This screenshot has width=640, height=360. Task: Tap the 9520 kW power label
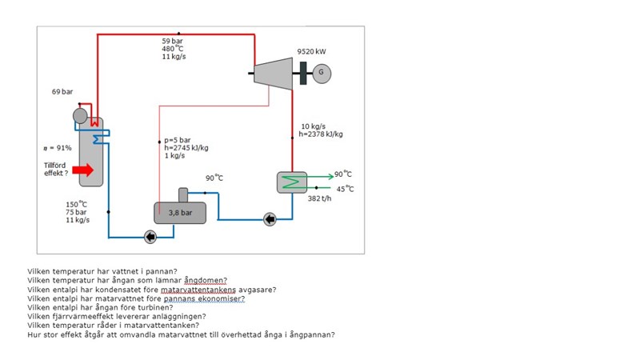(x=311, y=51)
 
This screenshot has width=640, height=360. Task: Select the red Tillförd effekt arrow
(x=82, y=170)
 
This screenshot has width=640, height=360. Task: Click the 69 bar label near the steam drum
(x=62, y=92)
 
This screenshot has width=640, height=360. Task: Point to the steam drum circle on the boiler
(x=80, y=115)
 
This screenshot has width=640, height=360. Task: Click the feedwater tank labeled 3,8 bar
(x=180, y=212)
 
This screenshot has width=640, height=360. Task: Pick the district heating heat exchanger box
(x=292, y=182)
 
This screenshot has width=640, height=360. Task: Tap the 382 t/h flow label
(x=319, y=198)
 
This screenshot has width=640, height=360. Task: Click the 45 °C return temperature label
(x=346, y=189)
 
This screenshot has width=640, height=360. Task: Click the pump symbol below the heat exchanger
(x=270, y=218)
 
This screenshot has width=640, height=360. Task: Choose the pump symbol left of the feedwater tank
(x=150, y=236)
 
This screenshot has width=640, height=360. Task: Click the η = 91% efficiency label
(x=58, y=148)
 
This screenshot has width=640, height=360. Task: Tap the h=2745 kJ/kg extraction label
(x=186, y=147)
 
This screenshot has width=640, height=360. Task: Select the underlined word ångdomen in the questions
(x=206, y=281)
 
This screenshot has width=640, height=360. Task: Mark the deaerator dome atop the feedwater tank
(x=183, y=194)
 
